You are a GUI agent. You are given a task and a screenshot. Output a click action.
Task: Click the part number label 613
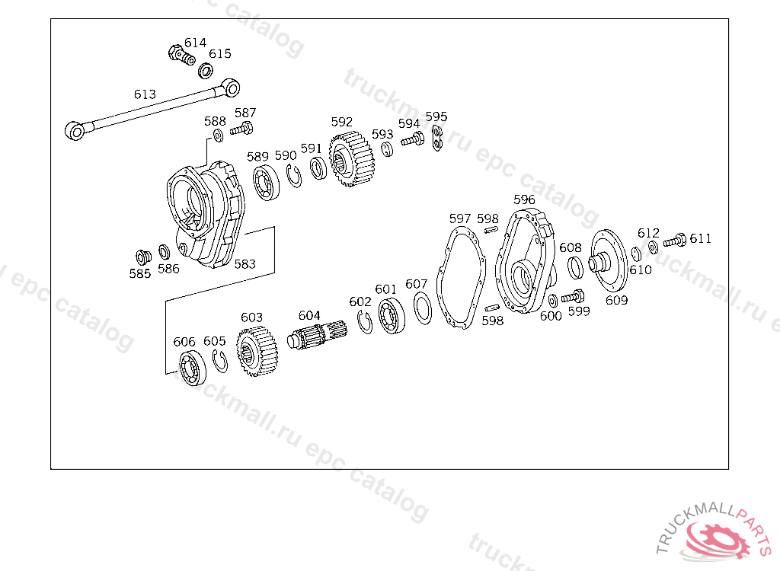145,94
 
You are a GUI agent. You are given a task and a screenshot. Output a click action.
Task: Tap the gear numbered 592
351,158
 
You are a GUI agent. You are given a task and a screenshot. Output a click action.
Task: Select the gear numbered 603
257,351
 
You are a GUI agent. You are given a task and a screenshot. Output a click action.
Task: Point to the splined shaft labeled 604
317,335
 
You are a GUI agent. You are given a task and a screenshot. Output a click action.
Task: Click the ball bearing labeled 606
193,368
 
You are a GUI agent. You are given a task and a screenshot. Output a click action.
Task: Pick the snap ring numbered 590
294,176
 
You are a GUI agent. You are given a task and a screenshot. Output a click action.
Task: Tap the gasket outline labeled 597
461,278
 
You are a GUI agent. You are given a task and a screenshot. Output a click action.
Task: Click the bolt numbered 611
675,241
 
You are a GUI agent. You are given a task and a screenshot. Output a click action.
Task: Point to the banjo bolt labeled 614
181,55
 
